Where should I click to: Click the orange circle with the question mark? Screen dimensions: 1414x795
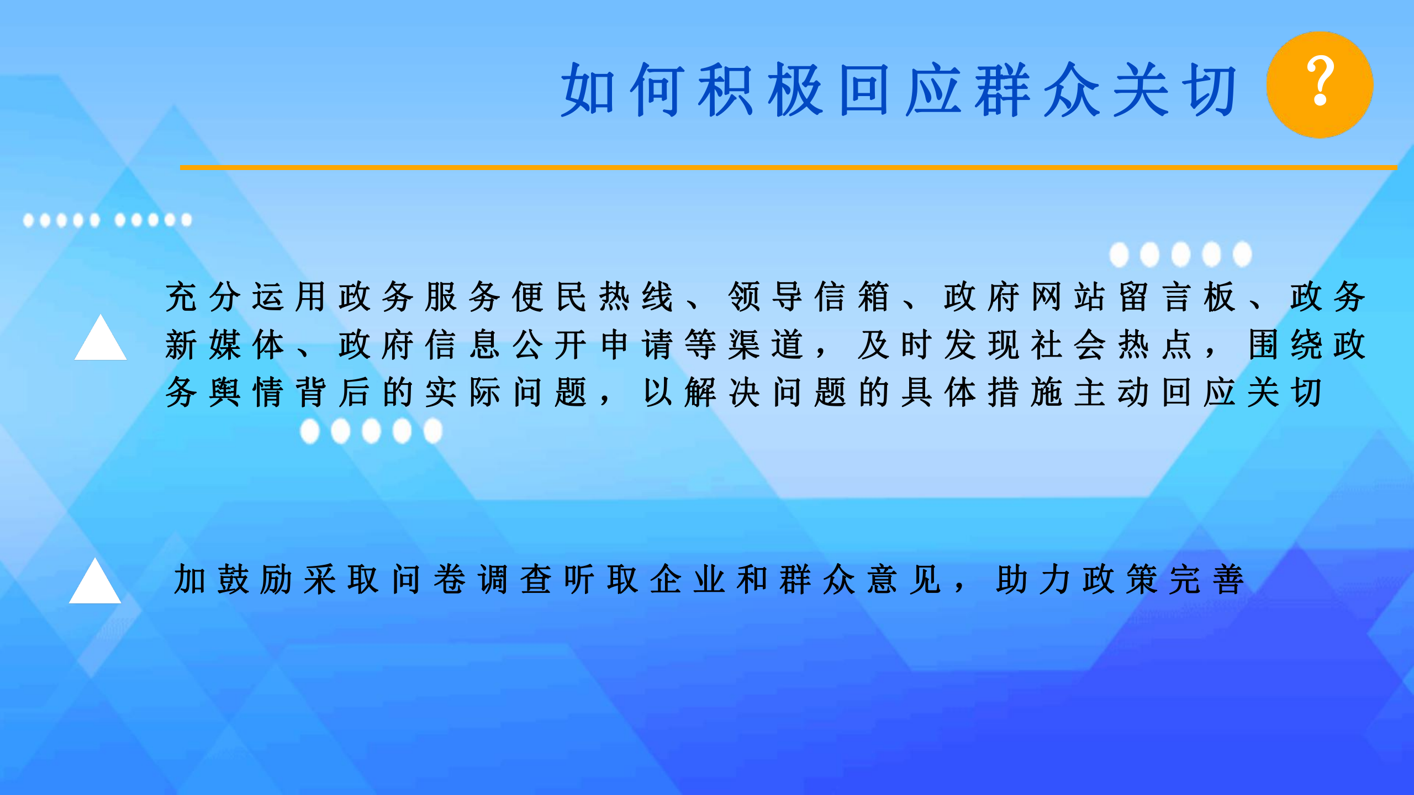[1320, 85]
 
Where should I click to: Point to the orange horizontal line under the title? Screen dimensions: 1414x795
[788, 167]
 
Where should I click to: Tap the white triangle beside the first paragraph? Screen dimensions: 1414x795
[101, 337]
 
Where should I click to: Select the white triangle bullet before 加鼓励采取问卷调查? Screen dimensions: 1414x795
[95, 581]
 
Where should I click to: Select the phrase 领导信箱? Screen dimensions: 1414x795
[809, 296]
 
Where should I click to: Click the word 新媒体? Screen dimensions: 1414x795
[225, 344]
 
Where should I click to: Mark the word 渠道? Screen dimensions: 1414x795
[766, 344]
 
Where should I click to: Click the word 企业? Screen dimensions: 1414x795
[688, 580]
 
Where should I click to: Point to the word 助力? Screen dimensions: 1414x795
[1033, 580]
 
